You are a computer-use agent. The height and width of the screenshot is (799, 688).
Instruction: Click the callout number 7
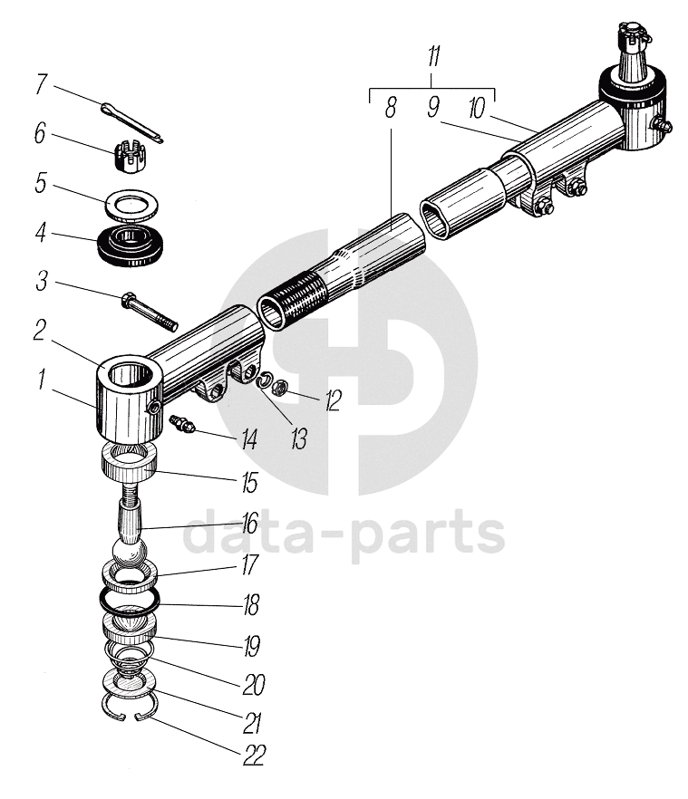pyautogui.click(x=41, y=86)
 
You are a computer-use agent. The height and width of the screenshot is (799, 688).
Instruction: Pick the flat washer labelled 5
pyautogui.click(x=131, y=204)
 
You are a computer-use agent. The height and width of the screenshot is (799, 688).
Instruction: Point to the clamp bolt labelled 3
pyautogui.click(x=148, y=310)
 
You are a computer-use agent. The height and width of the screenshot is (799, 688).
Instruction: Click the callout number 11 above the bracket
pyautogui.click(x=433, y=59)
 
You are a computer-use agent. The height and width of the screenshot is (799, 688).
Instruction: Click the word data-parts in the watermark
pyautogui.click(x=344, y=534)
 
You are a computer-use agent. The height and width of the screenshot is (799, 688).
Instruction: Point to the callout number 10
pyautogui.click(x=477, y=107)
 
